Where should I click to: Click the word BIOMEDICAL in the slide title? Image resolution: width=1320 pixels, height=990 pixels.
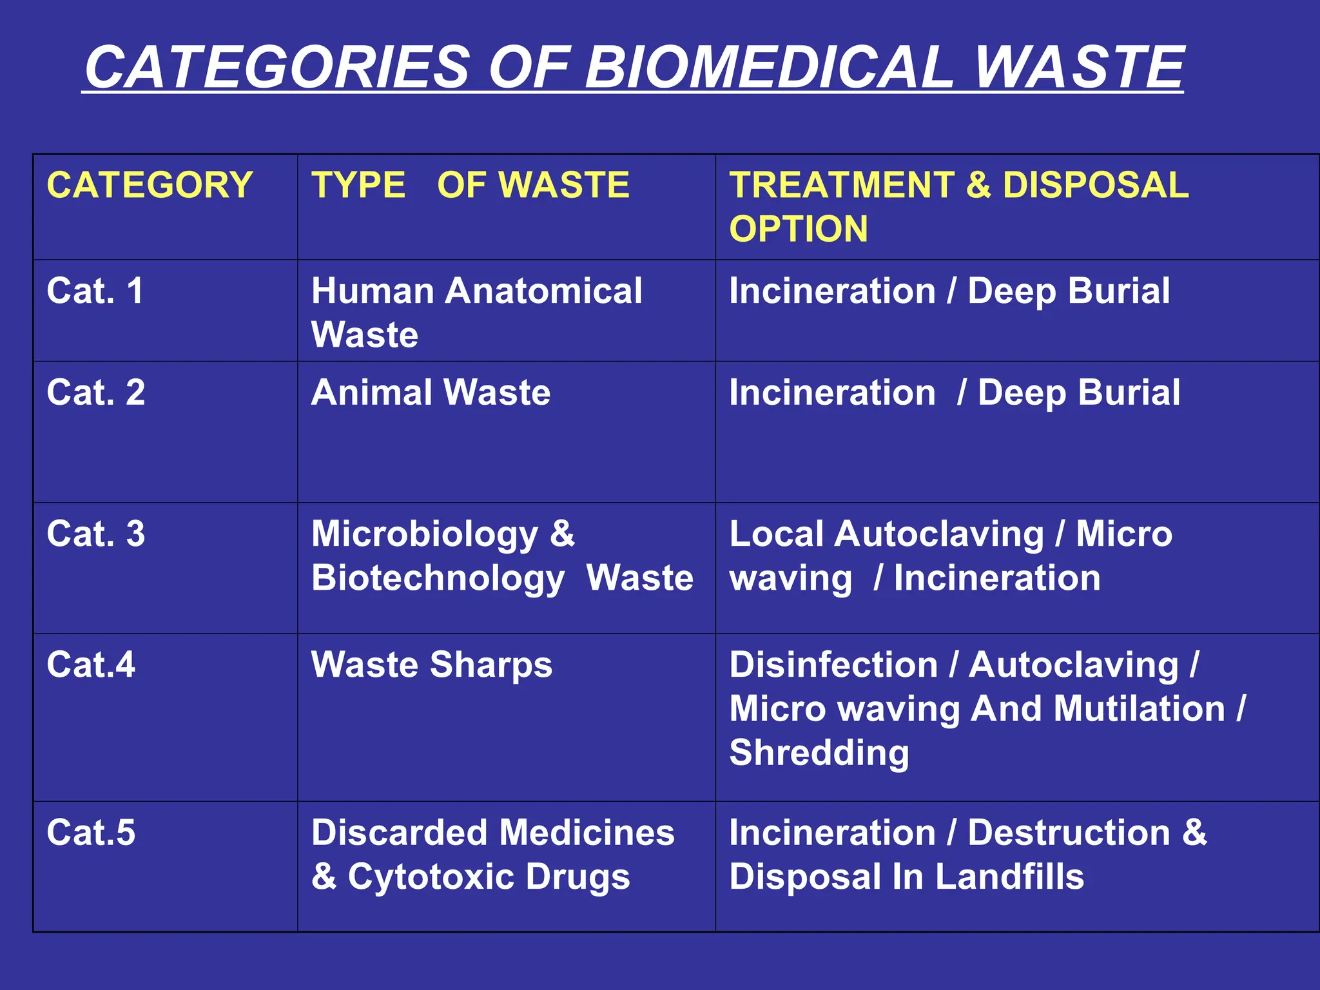pyautogui.click(x=768, y=67)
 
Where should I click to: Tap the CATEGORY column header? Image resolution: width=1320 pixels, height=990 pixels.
pyautogui.click(x=150, y=186)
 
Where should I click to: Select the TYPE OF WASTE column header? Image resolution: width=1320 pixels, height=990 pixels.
pyautogui.click(x=470, y=186)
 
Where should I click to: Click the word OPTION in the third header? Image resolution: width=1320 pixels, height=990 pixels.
pyautogui.click(x=799, y=229)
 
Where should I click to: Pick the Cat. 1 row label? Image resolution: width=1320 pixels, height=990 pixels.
pyautogui.click(x=95, y=291)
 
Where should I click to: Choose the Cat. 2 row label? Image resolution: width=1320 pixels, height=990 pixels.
pyautogui.click(x=95, y=392)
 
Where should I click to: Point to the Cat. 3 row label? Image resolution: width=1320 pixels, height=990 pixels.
pyautogui.click(x=95, y=534)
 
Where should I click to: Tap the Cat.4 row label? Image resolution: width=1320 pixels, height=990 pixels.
pyautogui.click(x=91, y=665)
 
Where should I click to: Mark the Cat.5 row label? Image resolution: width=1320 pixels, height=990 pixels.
pyautogui.click(x=91, y=832)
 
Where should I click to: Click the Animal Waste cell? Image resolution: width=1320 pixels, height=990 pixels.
pyautogui.click(x=431, y=392)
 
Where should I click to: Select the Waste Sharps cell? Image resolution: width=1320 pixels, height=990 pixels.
pyautogui.click(x=431, y=665)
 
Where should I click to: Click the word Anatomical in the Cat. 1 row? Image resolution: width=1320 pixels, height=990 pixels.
pyautogui.click(x=543, y=291)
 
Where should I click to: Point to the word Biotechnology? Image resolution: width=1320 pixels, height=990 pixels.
pyautogui.click(x=438, y=578)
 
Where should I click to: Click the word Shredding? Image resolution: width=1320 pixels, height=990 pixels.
pyautogui.click(x=819, y=753)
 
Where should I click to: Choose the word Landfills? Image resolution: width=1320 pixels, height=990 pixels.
pyautogui.click(x=1009, y=877)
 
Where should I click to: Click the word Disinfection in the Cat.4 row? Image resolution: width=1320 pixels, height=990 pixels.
pyautogui.click(x=833, y=665)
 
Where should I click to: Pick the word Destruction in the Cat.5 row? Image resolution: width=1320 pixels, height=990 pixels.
pyautogui.click(x=1069, y=832)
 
